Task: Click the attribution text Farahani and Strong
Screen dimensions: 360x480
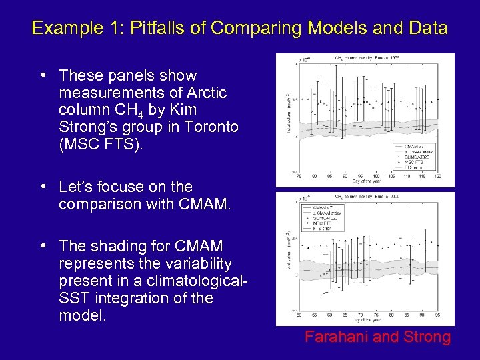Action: tap(377, 337)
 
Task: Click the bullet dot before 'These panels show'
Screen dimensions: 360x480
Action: tap(43, 75)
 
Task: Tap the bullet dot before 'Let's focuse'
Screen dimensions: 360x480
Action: tap(43, 187)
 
